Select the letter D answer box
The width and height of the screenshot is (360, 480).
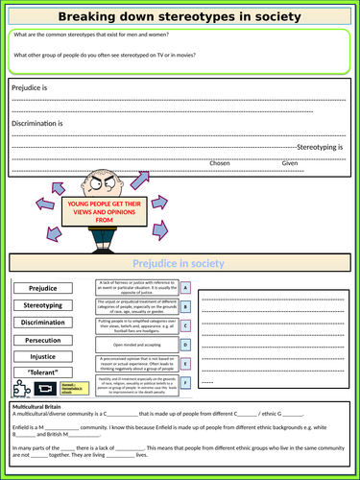click(x=185, y=344)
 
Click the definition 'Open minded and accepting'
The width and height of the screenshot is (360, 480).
click(x=137, y=344)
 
